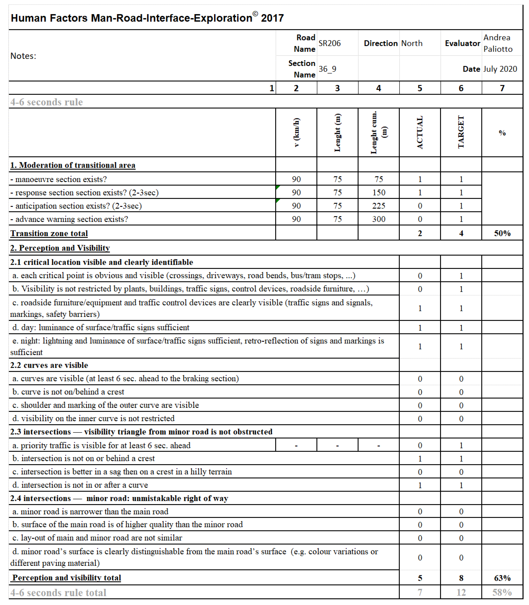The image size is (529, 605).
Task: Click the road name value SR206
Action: pos(329,43)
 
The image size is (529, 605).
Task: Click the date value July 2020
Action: pos(500,69)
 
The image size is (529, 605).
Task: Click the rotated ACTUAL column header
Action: pos(420,133)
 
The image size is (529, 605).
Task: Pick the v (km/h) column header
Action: pos(296,133)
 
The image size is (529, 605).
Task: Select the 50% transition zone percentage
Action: pos(502,233)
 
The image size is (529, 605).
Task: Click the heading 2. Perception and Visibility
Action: pos(60,248)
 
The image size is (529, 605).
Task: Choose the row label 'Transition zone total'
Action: pos(49,233)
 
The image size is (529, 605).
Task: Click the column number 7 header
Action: pos(502,88)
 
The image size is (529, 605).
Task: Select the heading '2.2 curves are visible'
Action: pos(49,365)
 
